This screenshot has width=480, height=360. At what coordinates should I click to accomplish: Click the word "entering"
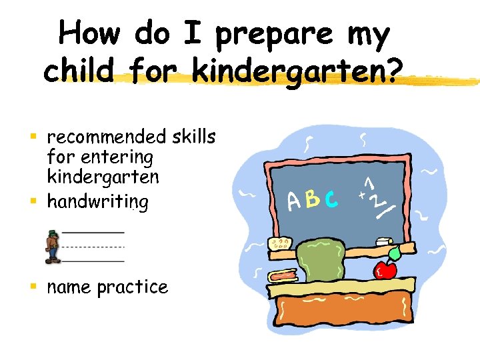(x=117, y=159)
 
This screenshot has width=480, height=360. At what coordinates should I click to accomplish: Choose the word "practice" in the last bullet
(x=132, y=288)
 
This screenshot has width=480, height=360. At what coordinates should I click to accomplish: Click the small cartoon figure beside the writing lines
(x=51, y=246)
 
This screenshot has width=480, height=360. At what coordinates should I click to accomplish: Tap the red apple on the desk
(x=385, y=270)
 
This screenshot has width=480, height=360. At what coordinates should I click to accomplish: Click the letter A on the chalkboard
(x=294, y=201)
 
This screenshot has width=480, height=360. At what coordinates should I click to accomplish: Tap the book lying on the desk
(x=282, y=276)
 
